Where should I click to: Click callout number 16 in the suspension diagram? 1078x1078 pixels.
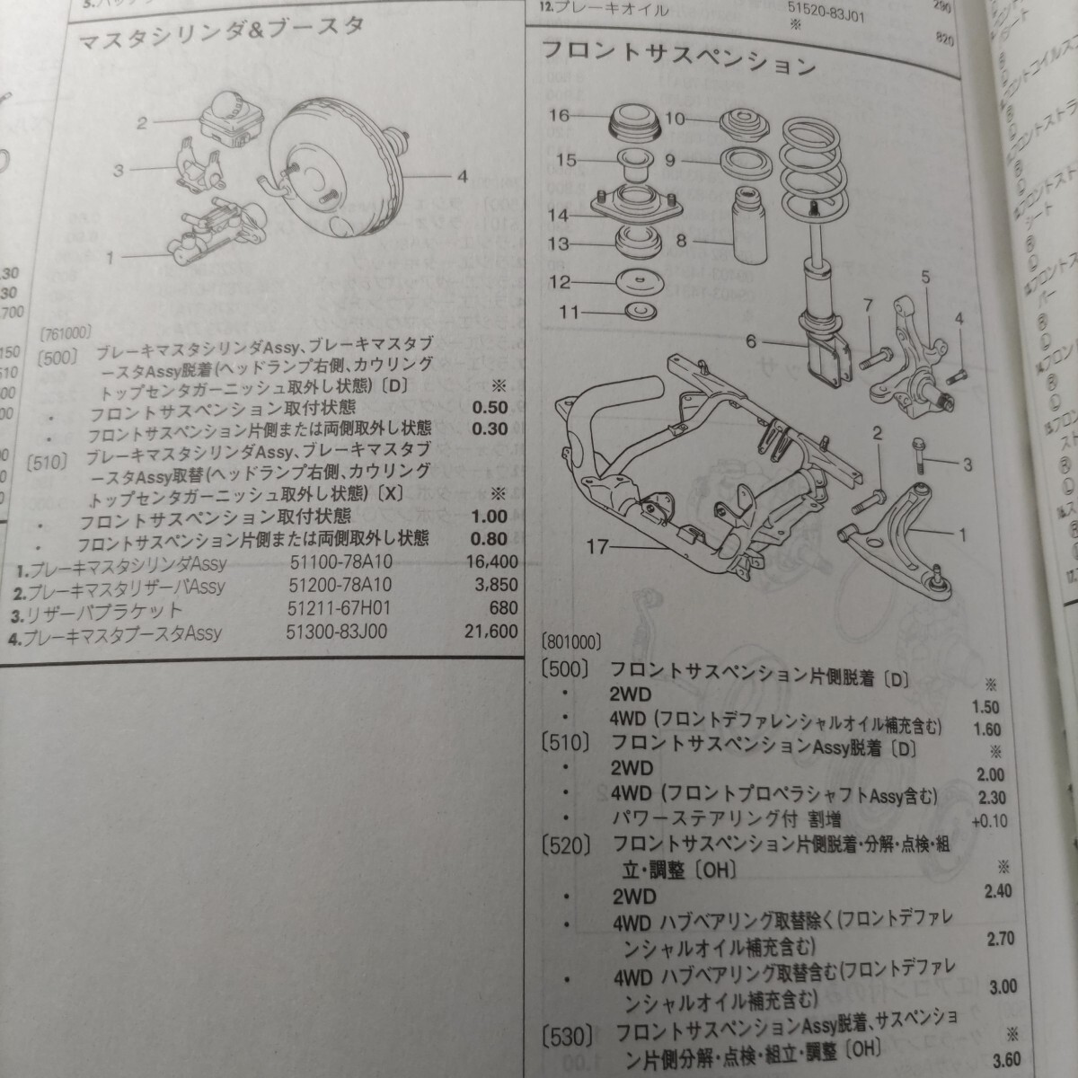(560, 115)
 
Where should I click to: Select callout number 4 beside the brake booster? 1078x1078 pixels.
(462, 177)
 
